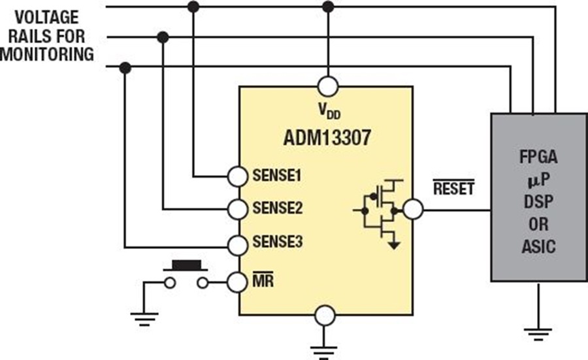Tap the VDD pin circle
click(x=328, y=86)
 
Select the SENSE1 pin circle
click(x=238, y=176)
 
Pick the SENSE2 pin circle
click(x=238, y=209)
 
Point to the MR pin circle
click(x=238, y=282)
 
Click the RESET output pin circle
click(x=413, y=209)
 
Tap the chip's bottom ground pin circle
click(x=325, y=316)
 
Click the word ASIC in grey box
click(x=538, y=247)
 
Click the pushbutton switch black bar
click(x=186, y=265)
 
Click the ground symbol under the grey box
click(x=538, y=332)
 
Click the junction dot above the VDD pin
click(x=328, y=7)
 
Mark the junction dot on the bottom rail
click(x=125, y=67)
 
